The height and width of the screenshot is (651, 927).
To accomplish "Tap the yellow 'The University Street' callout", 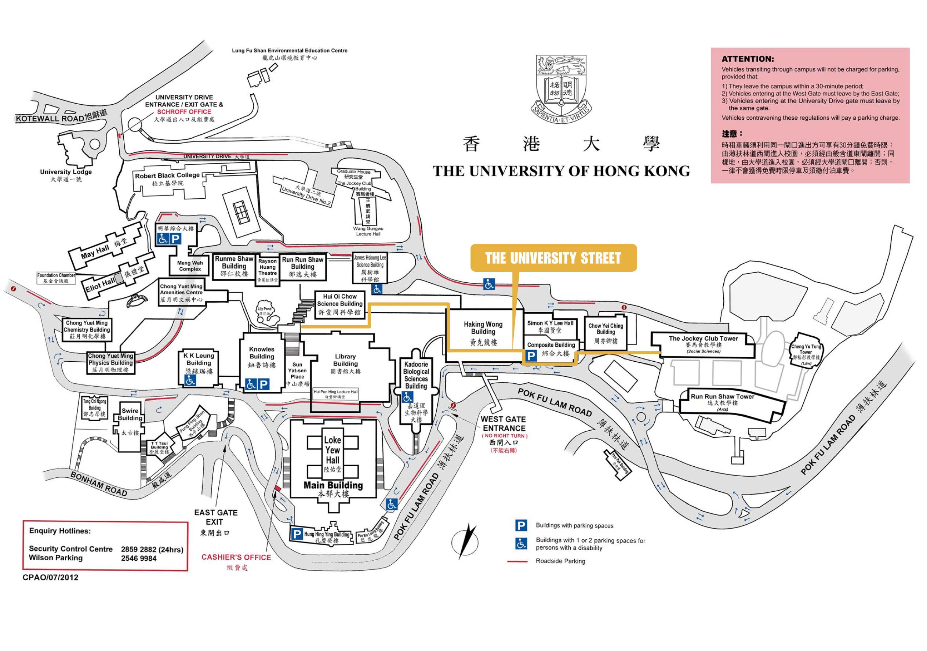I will (x=553, y=258).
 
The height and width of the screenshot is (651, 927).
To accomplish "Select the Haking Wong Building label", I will (x=483, y=328).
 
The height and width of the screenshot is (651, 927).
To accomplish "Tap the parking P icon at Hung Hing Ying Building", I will (x=297, y=534).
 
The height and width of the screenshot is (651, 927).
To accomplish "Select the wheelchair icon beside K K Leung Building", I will (x=190, y=380).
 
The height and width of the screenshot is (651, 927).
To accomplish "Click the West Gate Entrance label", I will (x=504, y=424).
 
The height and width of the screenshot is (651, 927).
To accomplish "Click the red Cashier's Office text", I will (x=236, y=557).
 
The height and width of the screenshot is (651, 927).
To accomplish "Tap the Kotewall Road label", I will (x=49, y=118).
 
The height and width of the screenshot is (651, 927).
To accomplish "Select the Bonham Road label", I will (x=99, y=484).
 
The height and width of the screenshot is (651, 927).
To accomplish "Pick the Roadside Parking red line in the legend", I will (x=517, y=561).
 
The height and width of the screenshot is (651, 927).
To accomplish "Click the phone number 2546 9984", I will (x=138, y=558).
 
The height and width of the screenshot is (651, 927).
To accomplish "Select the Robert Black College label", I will (x=167, y=175).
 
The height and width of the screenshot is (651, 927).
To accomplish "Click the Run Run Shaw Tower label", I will (x=722, y=397).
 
